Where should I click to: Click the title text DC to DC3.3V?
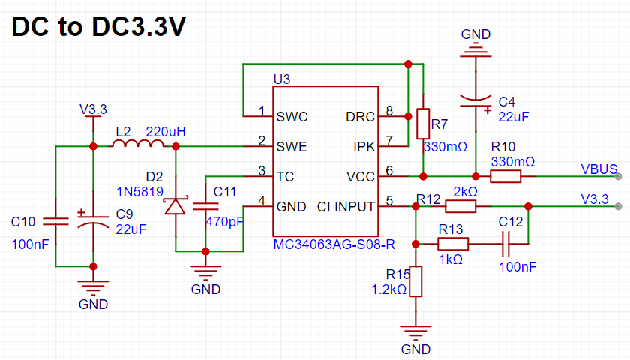(99, 27)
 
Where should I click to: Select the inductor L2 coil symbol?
(139, 143)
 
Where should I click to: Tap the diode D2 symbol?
(175, 205)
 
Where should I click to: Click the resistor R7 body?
(423, 124)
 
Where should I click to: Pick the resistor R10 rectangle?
(505, 176)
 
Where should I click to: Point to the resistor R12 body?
(460, 206)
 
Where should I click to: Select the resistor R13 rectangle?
(453, 244)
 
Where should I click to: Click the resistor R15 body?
(415, 281)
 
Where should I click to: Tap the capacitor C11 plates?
(205, 206)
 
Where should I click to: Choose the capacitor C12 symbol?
(505, 244)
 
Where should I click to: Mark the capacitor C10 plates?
(55, 221)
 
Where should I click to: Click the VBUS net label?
(599, 169)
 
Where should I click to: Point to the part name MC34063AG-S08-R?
(334, 244)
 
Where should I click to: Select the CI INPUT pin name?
(346, 207)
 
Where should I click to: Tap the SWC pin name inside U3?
(292, 117)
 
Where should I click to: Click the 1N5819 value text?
(139, 192)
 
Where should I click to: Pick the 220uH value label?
(166, 132)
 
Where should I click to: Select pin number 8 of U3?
(389, 110)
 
